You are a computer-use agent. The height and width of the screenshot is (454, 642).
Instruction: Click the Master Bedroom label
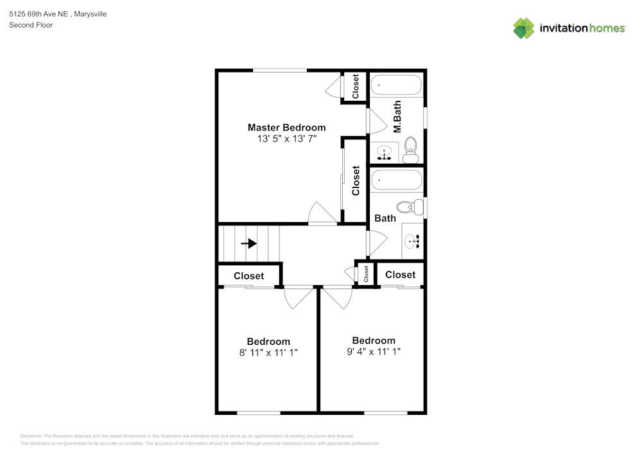pos(286,127)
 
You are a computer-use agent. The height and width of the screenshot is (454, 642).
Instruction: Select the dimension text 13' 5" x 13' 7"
pos(286,139)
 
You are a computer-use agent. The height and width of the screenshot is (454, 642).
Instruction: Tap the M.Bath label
pos(397,117)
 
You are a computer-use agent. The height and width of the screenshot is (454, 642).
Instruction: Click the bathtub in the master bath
pos(396,85)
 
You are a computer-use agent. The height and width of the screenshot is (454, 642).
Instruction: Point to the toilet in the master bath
pos(410,150)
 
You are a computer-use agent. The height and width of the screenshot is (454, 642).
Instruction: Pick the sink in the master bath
pos(384,152)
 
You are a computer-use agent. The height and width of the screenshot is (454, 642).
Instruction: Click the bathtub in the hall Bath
pos(396,180)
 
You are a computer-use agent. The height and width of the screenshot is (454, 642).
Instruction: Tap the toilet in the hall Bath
pos(410,207)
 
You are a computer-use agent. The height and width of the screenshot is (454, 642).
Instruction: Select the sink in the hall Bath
pos(412,241)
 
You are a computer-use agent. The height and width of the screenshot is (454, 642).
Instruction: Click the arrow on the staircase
pos(249,243)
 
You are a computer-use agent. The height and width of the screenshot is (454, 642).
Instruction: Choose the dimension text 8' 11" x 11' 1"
pos(268,353)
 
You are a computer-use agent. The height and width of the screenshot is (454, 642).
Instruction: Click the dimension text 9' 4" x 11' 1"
pos(374,351)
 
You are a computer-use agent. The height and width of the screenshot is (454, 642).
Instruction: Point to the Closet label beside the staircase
pos(249,276)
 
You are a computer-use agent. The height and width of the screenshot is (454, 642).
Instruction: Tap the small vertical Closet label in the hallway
pos(366,274)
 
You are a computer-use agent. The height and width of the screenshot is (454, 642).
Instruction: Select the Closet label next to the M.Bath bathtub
pos(356,86)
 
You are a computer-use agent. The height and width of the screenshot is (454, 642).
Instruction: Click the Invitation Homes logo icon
pos(524,28)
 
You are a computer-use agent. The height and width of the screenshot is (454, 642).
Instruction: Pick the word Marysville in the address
pos(90,14)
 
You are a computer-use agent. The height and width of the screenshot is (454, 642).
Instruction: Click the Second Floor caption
pos(31,25)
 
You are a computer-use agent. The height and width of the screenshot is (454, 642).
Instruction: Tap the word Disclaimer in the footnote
pos(31,436)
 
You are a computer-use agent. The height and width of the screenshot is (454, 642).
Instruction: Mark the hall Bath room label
pos(385,218)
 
